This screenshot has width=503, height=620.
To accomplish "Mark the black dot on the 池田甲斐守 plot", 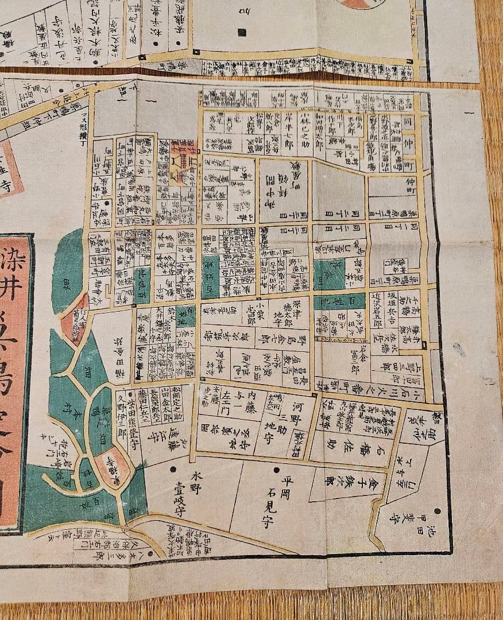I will click(x=438, y=511).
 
